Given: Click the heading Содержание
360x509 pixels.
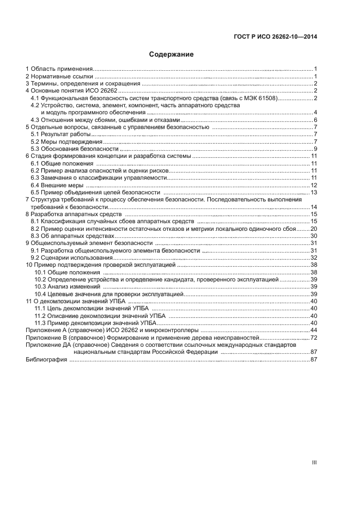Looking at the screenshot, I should pos(172,54).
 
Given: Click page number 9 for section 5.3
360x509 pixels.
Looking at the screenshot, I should pos(315,149).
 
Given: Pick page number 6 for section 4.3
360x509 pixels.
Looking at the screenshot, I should pos(315,120).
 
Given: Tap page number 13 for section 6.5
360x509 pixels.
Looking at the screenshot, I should pos(314,193).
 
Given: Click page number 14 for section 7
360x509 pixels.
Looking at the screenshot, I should pos(314,207).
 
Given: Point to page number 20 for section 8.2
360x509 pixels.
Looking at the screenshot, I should pos(314,229).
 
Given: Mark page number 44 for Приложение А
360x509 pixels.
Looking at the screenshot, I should pos(314,330).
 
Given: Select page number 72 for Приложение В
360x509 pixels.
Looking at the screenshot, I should pos(314,338).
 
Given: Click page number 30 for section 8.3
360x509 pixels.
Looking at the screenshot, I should pos(314,236).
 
